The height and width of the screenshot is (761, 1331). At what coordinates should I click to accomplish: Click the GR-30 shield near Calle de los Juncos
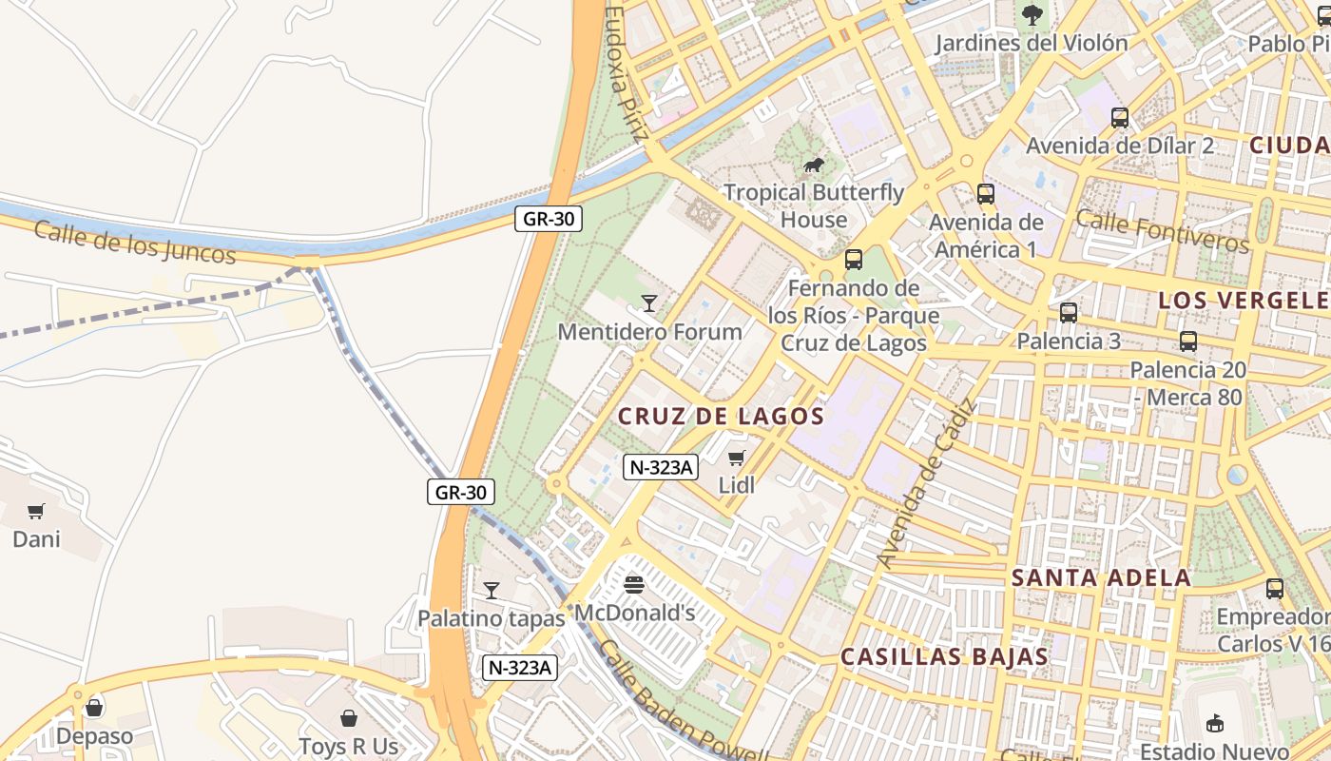click(548, 219)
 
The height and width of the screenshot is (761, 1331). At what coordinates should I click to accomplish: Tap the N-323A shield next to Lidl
click(661, 467)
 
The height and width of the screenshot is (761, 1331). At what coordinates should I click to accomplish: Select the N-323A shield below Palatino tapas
click(518, 668)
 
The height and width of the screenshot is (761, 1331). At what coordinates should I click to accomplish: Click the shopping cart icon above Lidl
click(736, 458)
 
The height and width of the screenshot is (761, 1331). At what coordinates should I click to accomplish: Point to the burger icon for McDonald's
click(635, 584)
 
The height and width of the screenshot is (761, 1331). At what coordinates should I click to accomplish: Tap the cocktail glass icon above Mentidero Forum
click(649, 303)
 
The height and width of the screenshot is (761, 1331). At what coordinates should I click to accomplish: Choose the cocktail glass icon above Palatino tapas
click(491, 591)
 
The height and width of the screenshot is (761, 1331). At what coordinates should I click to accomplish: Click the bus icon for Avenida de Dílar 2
click(1120, 118)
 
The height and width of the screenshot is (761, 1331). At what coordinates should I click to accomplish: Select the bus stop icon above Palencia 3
click(1069, 313)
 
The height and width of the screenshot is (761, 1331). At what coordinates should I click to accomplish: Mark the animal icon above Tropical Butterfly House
click(814, 166)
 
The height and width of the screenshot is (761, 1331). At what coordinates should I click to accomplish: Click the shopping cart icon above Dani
click(36, 512)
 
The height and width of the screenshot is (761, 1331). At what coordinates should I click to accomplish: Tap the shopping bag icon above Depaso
click(94, 708)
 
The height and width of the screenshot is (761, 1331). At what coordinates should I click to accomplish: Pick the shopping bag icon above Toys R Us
click(349, 718)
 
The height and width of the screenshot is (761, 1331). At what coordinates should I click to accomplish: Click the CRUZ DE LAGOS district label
click(721, 417)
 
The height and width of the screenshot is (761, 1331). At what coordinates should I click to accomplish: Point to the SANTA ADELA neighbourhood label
click(1100, 577)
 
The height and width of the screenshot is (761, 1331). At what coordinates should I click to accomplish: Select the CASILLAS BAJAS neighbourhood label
click(944, 656)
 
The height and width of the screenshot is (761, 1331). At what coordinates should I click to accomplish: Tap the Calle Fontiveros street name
click(1162, 232)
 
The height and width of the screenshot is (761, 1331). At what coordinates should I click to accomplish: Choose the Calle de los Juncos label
click(134, 243)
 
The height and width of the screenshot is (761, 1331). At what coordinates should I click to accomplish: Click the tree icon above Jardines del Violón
click(1032, 15)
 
